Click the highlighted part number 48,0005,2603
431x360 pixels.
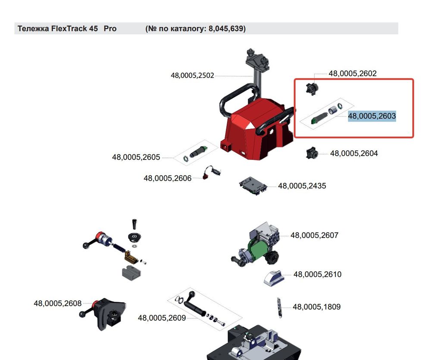click(x=372, y=116)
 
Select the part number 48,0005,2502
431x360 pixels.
click(x=192, y=75)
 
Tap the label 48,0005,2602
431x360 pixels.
click(x=353, y=73)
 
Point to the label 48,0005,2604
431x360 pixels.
click(x=354, y=153)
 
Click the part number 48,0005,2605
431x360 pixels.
click(x=136, y=157)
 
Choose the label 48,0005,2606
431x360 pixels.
click(x=167, y=178)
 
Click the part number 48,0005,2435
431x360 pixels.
click(x=302, y=186)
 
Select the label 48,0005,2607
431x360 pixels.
click(x=315, y=235)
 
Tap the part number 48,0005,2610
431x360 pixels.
click(x=318, y=275)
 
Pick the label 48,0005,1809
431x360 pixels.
click(x=317, y=307)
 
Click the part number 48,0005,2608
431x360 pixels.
click(x=58, y=304)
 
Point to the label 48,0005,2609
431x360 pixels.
click(x=162, y=318)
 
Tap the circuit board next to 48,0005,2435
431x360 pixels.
click(x=253, y=186)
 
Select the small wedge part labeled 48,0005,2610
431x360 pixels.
click(x=274, y=278)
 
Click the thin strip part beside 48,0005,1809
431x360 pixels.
click(x=279, y=307)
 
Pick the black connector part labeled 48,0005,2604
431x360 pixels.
click(x=312, y=153)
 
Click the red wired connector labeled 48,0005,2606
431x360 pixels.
click(x=211, y=172)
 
